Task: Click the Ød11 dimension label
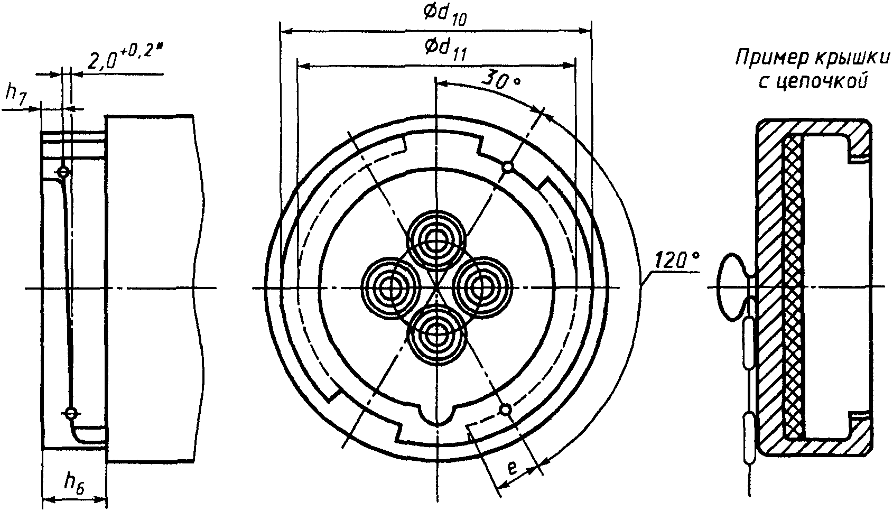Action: coord(444,50)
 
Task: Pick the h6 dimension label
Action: coord(75,482)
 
